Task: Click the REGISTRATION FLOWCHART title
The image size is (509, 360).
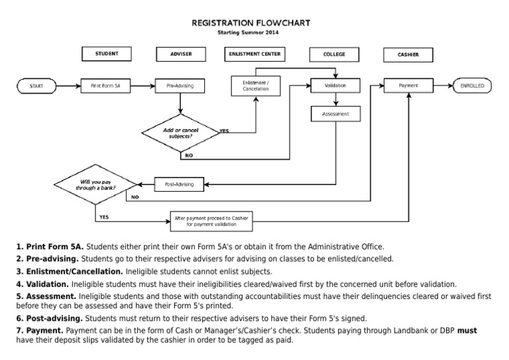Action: (x=251, y=23)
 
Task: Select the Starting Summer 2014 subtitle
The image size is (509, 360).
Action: (x=251, y=32)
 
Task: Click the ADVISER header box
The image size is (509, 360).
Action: (x=180, y=54)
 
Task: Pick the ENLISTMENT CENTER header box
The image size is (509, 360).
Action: (x=254, y=54)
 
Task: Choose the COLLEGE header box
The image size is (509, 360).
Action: (x=334, y=54)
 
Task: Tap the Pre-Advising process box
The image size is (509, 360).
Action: (x=180, y=86)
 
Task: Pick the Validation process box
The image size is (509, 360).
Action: (x=335, y=86)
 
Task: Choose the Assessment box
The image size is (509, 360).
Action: (x=335, y=114)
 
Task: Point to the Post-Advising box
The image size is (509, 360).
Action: (x=180, y=184)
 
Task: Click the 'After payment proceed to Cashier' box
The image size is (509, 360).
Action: (x=209, y=221)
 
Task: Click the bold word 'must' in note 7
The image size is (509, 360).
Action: (x=468, y=330)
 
